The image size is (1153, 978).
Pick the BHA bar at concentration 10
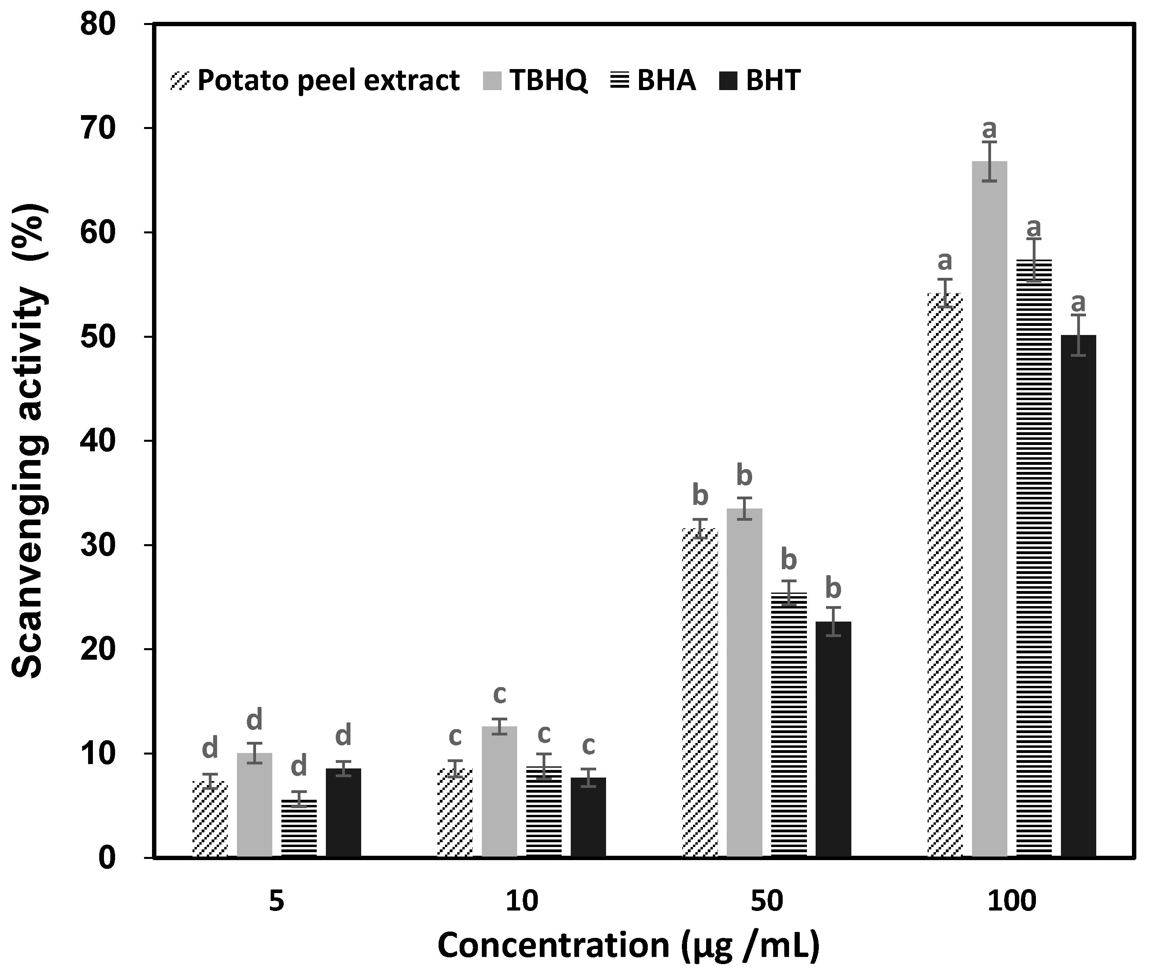pos(544,812)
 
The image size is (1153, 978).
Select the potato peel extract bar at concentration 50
pos(700,693)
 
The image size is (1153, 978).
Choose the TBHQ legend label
pos(548,81)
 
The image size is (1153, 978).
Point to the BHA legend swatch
pos(619,81)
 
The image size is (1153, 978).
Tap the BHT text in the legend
pos(773,81)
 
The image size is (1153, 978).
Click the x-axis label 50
pos(767,901)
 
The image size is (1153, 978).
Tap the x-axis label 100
pos(1012,901)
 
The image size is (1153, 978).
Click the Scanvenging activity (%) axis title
pos(29,441)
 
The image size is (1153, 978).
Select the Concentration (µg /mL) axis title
pos(628,946)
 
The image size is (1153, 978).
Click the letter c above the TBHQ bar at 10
pos(499,694)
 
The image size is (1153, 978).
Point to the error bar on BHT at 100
pos(1078,335)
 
